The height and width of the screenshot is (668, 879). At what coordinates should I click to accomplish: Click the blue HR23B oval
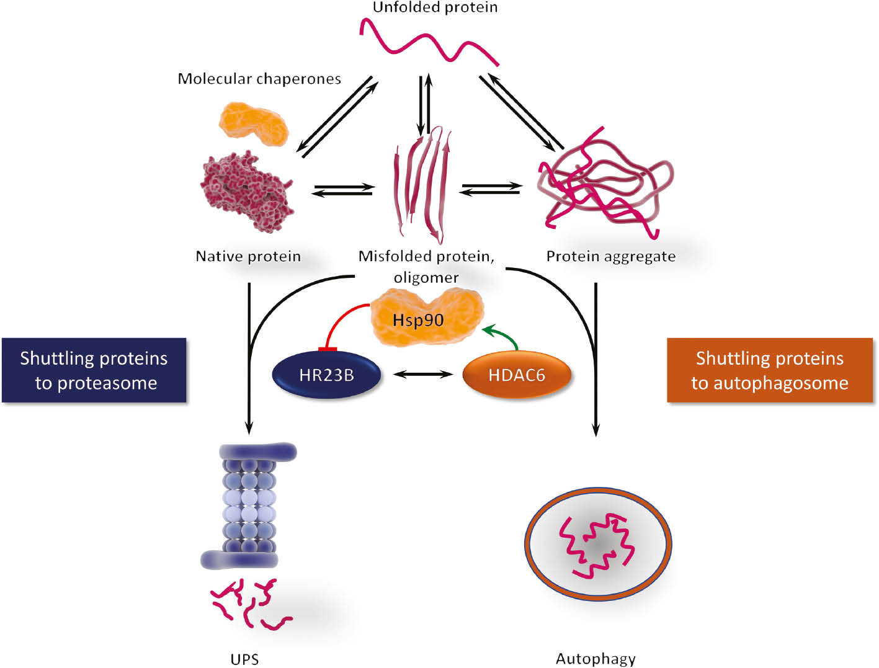326,375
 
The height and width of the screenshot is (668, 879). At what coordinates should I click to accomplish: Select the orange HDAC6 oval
516,375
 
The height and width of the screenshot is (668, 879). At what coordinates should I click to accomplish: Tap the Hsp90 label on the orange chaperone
418,320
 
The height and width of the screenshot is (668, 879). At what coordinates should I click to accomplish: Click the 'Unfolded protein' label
435,7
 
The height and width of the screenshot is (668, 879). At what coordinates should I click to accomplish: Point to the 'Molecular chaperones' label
259,79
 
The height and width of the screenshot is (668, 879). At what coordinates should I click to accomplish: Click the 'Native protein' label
248,256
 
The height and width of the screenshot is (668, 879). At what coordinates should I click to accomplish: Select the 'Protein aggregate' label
610,256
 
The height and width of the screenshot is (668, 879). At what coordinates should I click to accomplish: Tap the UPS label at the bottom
244,659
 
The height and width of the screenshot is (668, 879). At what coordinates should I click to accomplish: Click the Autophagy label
596,659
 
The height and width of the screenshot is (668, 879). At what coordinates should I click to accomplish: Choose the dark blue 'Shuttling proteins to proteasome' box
94,370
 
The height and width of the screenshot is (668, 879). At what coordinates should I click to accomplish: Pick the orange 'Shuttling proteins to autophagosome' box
769,370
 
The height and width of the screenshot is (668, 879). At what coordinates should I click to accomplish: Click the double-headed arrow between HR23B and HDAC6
423,374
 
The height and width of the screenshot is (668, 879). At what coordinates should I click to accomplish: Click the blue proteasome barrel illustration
248,505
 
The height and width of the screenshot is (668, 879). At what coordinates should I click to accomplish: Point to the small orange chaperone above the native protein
253,123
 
